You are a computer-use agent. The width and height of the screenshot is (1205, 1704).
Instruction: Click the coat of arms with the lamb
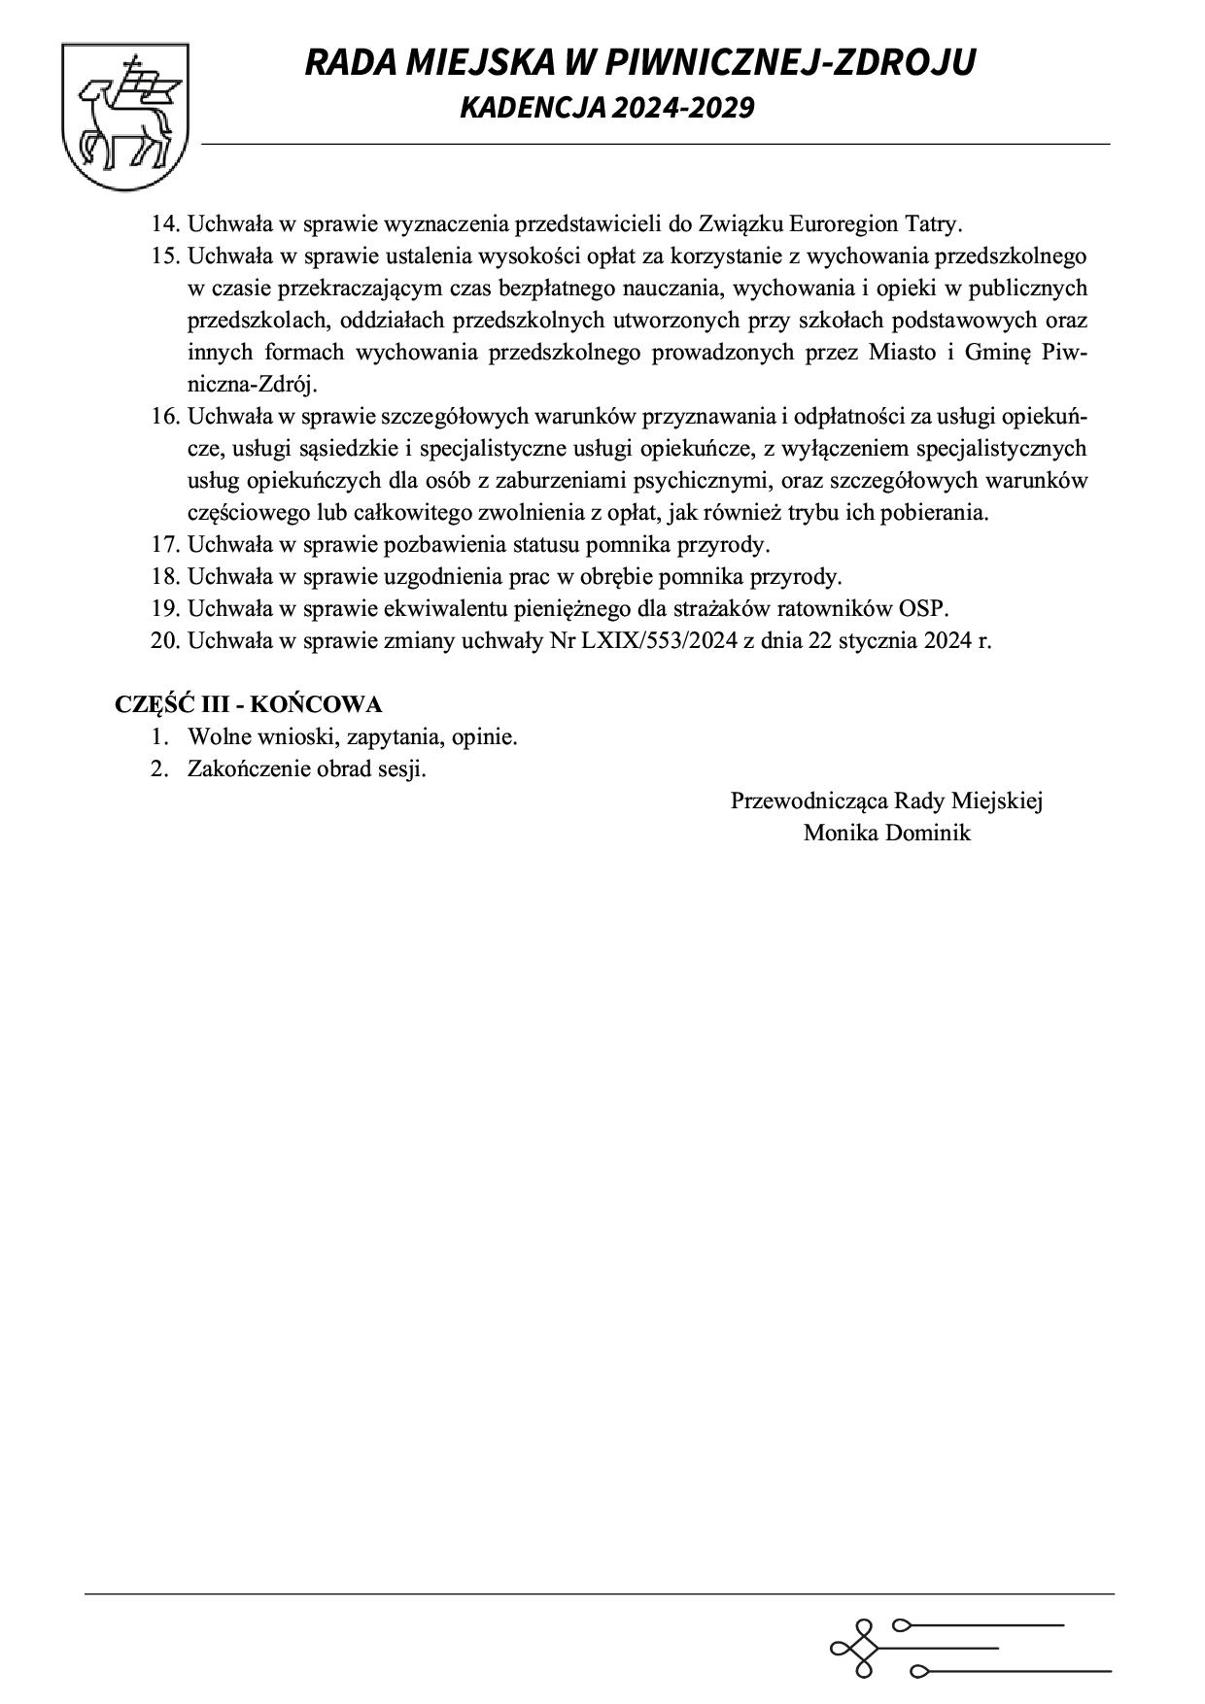pos(125,116)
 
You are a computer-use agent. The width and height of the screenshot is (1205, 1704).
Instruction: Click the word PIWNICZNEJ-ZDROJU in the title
pos(788,63)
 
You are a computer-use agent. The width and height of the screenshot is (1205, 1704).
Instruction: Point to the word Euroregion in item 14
pos(843,224)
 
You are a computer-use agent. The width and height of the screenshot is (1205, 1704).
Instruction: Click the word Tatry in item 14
pos(933,224)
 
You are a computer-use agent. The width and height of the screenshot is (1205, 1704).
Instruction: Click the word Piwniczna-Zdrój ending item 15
pos(253,385)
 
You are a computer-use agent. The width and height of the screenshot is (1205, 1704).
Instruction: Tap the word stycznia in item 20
pos(878,641)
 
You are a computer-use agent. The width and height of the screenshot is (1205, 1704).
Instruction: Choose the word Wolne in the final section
pos(217,737)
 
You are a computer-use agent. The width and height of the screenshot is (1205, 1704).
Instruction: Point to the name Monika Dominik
pos(886,834)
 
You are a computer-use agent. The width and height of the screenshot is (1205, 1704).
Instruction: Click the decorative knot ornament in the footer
pos(857,1648)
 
